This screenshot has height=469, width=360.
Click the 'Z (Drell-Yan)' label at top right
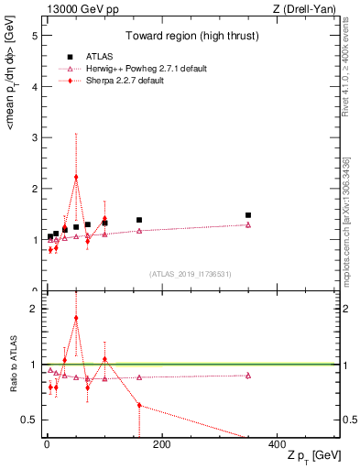pyautogui.click(x=306, y=8)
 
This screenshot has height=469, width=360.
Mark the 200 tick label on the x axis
pyautogui.click(x=161, y=444)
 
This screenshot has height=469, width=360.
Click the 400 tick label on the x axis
pyautogui.click(x=277, y=444)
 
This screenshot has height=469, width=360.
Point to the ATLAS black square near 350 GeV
pyautogui.click(x=248, y=215)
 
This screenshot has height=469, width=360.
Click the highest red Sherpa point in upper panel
pyautogui.click(x=76, y=177)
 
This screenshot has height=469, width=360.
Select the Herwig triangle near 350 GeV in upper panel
pyautogui.click(x=248, y=224)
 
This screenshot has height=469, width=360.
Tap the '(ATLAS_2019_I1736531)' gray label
pyautogui.click(x=190, y=274)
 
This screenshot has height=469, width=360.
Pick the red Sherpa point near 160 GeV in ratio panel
pyautogui.click(x=139, y=405)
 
